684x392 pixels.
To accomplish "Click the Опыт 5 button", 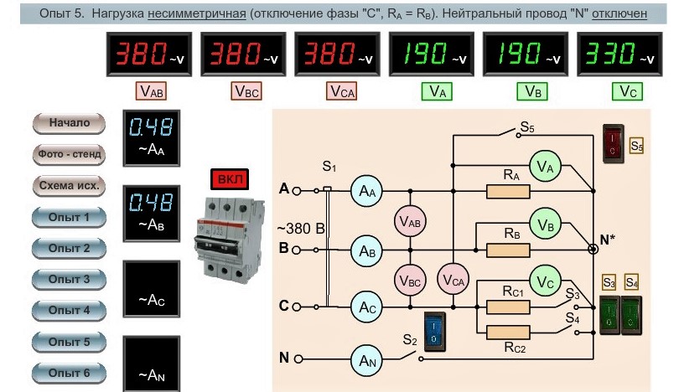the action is pos(69,342).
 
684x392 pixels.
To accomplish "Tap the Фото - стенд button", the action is pos(69,154).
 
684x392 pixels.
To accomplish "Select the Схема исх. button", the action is pos(69,186).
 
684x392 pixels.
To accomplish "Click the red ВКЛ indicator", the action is pos(230,179).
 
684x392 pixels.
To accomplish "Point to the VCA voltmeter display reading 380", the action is pos(337,54).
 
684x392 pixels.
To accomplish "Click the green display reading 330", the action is pos(619,54).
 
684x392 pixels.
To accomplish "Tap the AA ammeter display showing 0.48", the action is pos(152,138).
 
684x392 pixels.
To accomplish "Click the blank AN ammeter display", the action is pos(152,364).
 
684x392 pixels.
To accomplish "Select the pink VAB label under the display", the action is pos(152,91).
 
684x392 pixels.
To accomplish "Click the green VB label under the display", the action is pos(532,91).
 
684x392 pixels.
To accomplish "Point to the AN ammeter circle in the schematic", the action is pos(367,360).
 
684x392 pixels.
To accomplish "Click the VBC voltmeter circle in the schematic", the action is pos(410,280).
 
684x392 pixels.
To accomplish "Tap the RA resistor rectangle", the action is pos(508,192).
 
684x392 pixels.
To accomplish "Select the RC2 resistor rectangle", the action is pos(508,333).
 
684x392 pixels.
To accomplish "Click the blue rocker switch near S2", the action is pos(435,332).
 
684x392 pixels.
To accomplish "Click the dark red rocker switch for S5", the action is pos(614,143).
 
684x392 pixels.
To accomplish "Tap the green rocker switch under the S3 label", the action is pos(609,315).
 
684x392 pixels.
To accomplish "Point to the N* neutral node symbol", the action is pos(593,249).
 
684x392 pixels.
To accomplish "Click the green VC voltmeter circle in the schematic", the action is pos(546,281).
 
